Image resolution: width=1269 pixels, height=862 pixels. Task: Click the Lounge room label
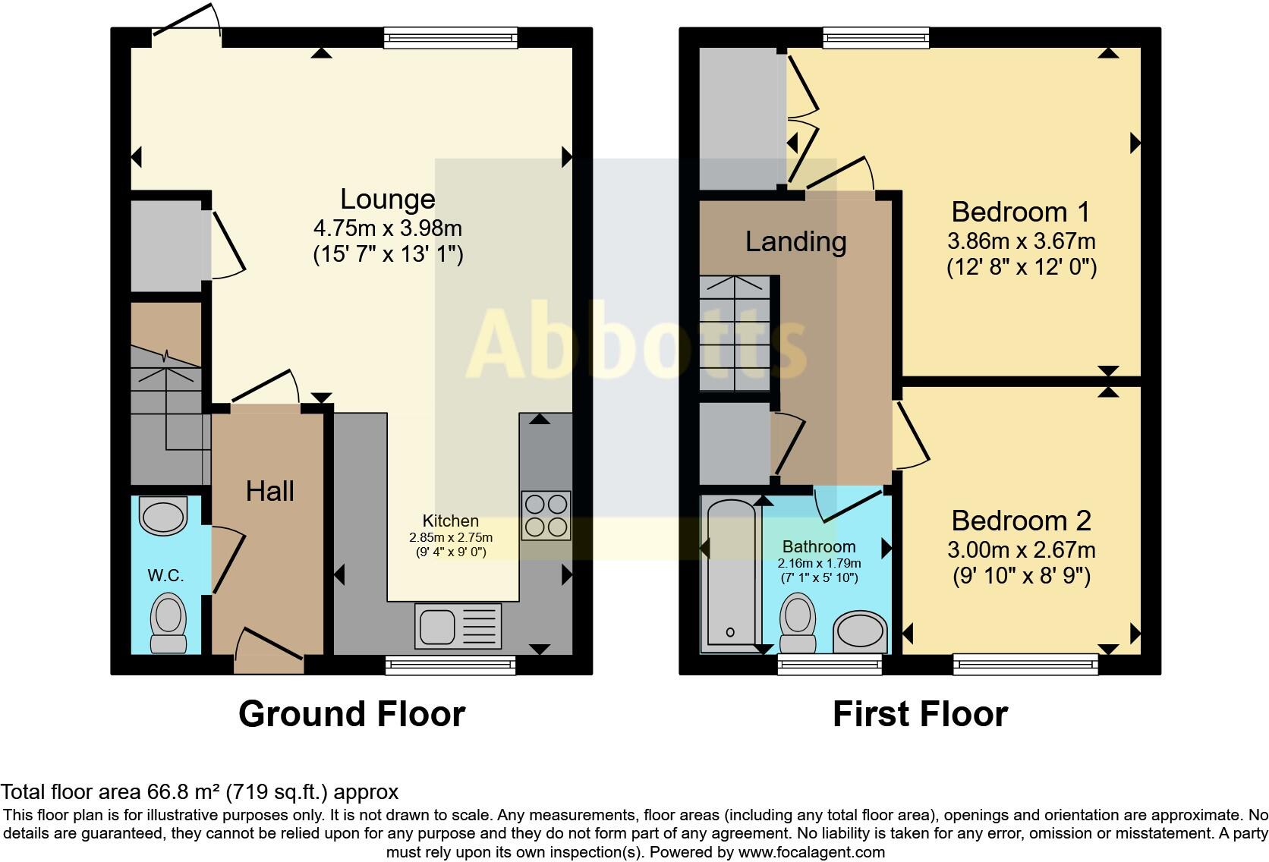tap(387, 199)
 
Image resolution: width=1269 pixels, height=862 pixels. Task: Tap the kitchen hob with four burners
tap(546, 516)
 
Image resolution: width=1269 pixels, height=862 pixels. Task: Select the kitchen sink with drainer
tap(458, 627)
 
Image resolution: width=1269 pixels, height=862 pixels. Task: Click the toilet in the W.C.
tap(168, 622)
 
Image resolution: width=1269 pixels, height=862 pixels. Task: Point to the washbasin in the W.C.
tap(163, 516)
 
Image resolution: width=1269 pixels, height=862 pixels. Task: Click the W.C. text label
tap(165, 575)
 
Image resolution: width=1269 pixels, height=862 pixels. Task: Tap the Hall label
tap(269, 491)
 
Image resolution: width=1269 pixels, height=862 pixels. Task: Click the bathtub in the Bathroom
tap(729, 575)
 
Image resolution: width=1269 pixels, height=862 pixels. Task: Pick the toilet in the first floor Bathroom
tap(798, 622)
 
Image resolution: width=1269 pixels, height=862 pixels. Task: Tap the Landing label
tap(795, 241)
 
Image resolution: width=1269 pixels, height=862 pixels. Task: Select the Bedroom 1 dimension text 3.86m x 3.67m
tap(1021, 241)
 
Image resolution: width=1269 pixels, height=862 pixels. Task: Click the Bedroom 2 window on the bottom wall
tap(1025, 665)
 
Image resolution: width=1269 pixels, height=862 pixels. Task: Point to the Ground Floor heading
tap(351, 714)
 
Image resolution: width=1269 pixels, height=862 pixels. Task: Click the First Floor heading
tap(920, 714)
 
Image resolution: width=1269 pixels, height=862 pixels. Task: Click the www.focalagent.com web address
tap(811, 851)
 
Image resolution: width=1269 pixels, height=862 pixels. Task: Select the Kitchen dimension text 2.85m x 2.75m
tap(451, 537)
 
